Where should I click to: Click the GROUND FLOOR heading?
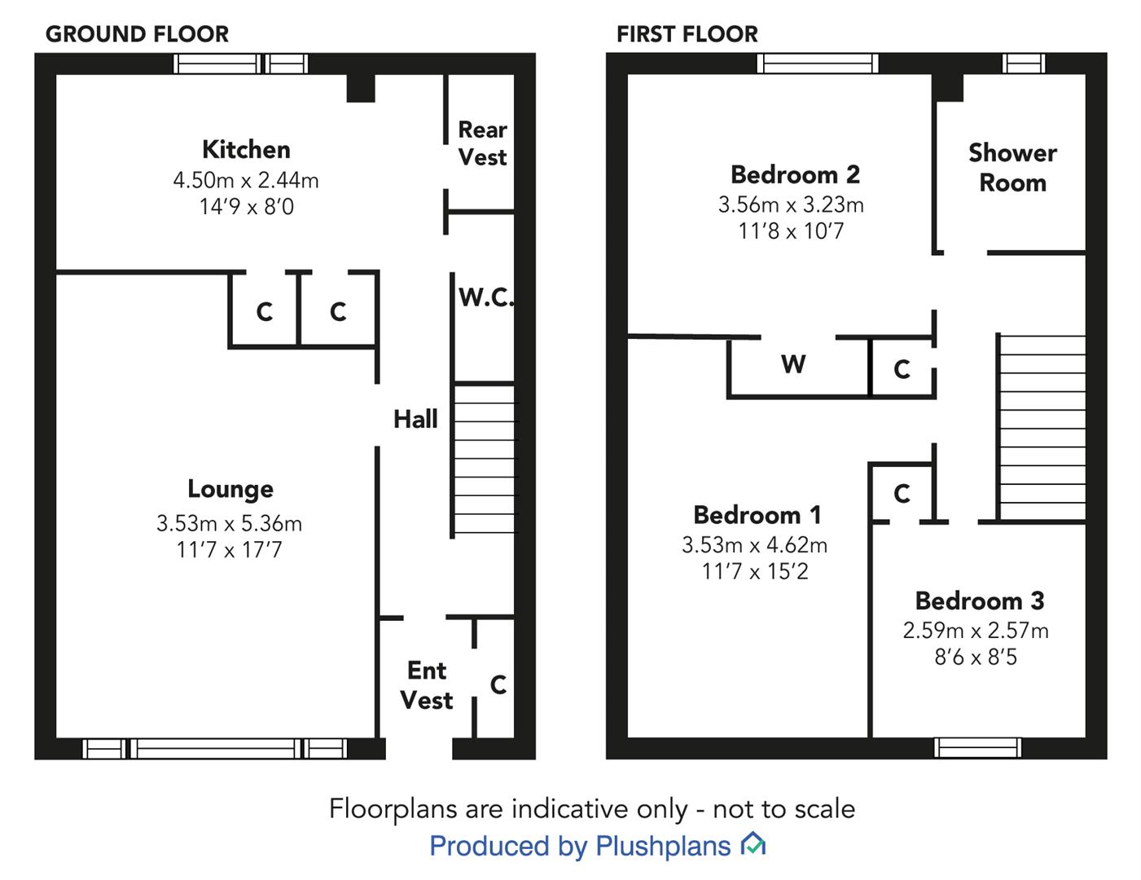137,34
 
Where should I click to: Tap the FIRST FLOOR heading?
687,34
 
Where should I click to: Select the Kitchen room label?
246,150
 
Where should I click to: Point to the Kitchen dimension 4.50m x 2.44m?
246,180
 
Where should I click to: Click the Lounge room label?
230,489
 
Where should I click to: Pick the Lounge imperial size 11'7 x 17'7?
229,549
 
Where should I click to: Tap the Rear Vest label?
483,143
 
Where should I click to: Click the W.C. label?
485,297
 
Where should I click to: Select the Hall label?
415,420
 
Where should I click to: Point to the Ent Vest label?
427,685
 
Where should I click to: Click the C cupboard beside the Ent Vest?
498,684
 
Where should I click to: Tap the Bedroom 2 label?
795,174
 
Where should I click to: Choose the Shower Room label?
1012,168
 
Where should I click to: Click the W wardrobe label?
793,363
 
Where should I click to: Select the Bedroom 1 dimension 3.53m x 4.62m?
754,545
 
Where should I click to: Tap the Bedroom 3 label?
979,601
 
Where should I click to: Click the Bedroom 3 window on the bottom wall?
977,748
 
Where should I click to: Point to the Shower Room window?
1024,64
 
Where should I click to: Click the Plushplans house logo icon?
753,844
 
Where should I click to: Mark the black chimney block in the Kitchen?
361,88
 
